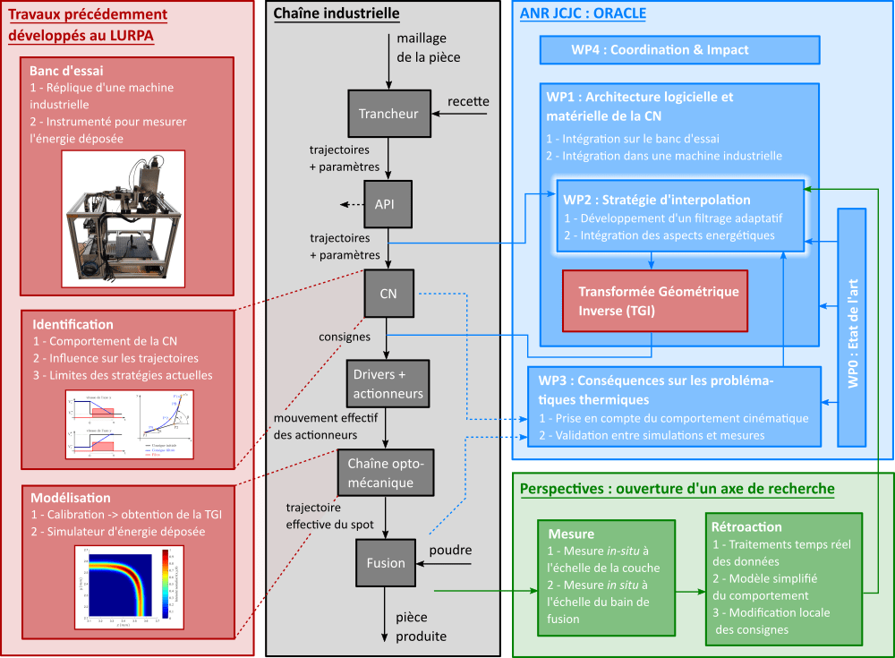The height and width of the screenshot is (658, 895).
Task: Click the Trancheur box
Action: [388, 114]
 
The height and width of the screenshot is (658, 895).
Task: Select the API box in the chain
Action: [385, 204]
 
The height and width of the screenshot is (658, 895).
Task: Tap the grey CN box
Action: [388, 293]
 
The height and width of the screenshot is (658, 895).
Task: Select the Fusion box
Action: [386, 563]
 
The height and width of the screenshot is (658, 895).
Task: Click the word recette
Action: [468, 101]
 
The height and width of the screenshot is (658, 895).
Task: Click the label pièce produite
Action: [416, 627]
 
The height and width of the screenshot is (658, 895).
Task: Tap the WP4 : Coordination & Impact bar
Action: [679, 50]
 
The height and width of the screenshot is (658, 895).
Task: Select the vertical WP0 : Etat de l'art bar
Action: [852, 327]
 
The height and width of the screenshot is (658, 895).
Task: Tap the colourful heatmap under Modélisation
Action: [122, 583]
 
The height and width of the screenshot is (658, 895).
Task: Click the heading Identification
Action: [73, 324]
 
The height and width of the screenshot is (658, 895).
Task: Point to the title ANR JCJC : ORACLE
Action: [583, 13]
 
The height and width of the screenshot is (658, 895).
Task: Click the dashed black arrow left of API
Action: [350, 205]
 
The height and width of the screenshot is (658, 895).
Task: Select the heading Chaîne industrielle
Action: [337, 13]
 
